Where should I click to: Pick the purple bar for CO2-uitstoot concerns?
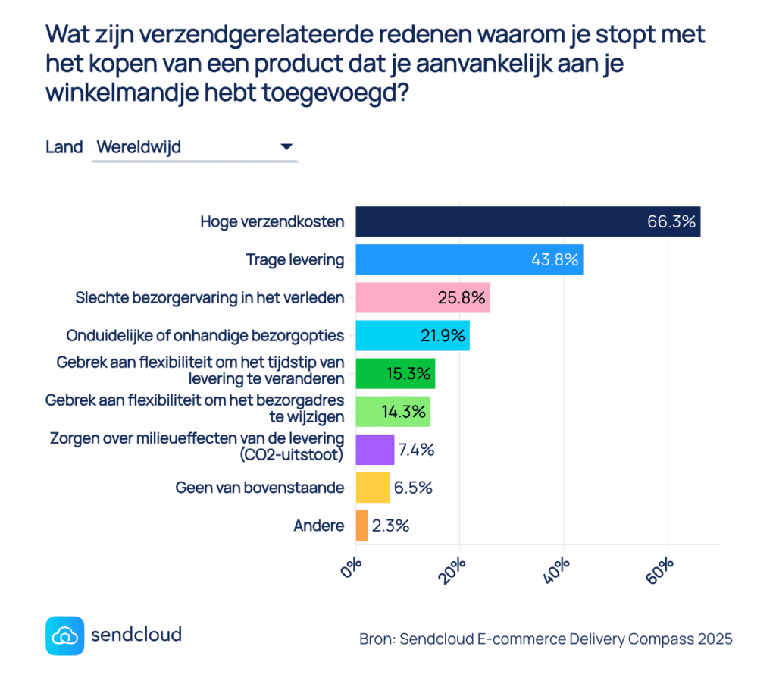[374, 449]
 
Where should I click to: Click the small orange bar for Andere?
[361, 526]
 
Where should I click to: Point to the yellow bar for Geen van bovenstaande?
[372, 488]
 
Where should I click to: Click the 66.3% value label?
[671, 221]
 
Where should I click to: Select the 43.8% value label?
[555, 259]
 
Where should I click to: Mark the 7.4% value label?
[416, 449]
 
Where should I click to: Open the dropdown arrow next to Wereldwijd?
[286, 147]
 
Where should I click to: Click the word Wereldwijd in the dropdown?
[139, 147]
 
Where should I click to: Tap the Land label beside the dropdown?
[64, 147]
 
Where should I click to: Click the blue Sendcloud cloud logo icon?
[64, 635]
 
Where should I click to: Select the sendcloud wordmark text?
[136, 634]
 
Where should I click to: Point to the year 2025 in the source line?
[715, 639]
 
